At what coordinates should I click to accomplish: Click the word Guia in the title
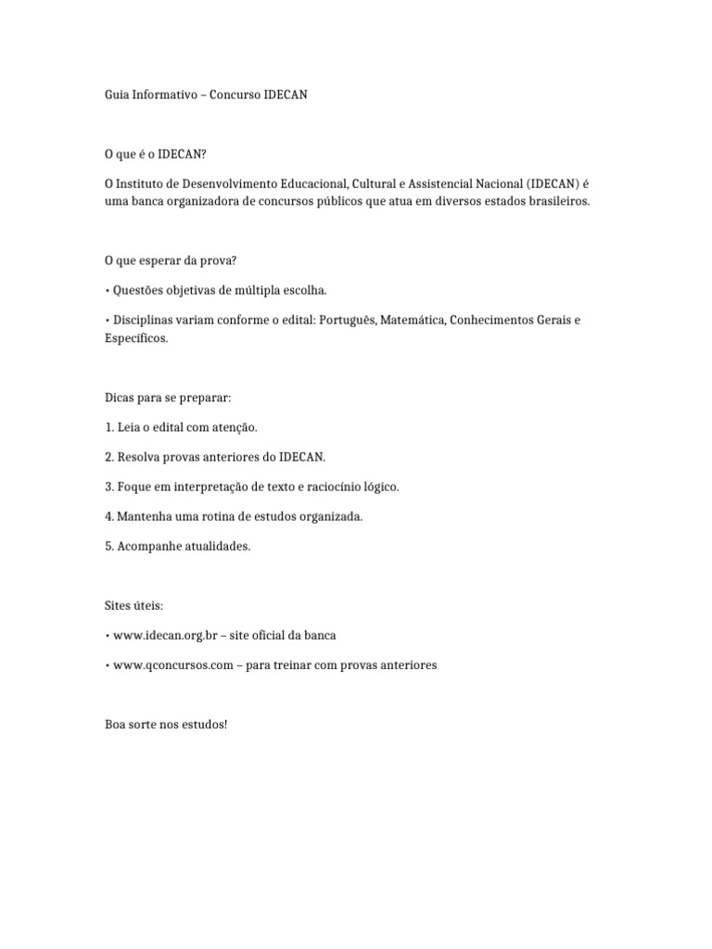116,95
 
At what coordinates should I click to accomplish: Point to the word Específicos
136,338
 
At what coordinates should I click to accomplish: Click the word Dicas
120,398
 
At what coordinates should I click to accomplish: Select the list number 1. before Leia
108,427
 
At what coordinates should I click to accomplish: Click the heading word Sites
118,605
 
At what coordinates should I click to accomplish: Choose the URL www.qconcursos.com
172,665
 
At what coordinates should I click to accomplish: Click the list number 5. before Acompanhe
108,546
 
